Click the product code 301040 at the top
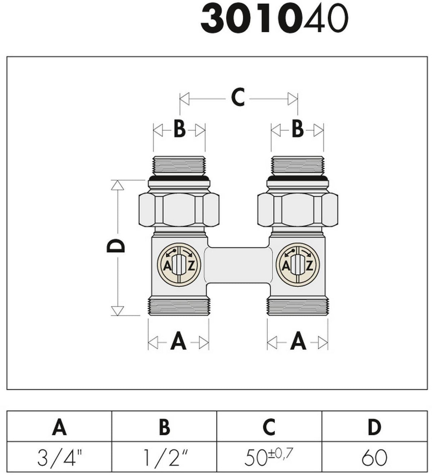(x=274, y=19)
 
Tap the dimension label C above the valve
(x=238, y=97)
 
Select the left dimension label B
(x=179, y=130)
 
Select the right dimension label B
(x=298, y=129)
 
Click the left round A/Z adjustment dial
(x=179, y=265)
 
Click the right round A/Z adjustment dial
(x=298, y=265)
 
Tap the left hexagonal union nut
(x=179, y=210)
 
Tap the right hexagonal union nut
(x=298, y=210)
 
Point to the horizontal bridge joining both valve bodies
(x=238, y=265)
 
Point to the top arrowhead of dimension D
(x=118, y=185)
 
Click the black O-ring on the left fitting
(x=179, y=178)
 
